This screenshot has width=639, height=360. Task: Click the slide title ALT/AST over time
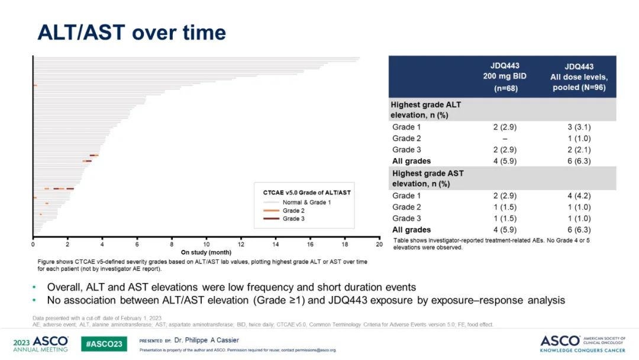pos(131,32)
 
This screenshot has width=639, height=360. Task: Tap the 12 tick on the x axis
pos(241,244)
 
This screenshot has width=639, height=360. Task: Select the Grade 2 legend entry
pos(295,211)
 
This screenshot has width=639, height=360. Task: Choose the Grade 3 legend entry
pos(295,219)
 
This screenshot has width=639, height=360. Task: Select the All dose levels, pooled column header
pos(579,77)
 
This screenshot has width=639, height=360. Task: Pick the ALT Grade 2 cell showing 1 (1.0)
pos(579,138)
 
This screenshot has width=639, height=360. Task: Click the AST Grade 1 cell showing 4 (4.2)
pos(579,195)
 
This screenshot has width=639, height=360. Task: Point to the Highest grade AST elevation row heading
pos(428,178)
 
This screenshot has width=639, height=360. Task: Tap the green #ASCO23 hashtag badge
pos(104,343)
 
